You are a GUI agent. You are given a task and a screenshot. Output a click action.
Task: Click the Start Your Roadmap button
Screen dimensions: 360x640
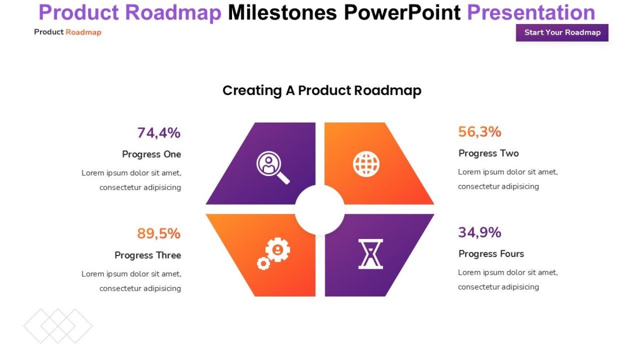[562, 33]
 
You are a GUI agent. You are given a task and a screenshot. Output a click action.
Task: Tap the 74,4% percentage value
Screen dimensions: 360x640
[158, 133]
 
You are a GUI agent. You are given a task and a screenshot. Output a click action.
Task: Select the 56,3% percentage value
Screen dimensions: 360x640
[479, 132]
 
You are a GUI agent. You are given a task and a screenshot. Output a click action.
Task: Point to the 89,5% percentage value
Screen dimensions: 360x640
[158, 234]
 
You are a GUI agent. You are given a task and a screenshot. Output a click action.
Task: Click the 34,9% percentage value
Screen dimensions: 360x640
[479, 233]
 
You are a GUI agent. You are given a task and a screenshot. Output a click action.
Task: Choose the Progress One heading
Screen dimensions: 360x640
[151, 154]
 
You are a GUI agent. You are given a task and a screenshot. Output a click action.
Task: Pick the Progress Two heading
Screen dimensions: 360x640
[488, 153]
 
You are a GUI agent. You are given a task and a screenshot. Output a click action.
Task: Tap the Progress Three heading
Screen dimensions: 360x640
[148, 255]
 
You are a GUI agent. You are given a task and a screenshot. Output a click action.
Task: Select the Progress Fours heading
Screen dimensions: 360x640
[491, 254]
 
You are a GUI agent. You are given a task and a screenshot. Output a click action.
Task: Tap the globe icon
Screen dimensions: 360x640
[366, 164]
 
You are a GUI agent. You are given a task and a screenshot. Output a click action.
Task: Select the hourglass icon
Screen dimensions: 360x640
[370, 254]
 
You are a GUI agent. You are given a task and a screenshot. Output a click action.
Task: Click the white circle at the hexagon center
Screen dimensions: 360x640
[319, 210]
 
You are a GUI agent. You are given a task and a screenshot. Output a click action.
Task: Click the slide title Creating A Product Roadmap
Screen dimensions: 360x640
[322, 91]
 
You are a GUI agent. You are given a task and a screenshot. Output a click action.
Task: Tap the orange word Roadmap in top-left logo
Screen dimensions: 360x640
[83, 33]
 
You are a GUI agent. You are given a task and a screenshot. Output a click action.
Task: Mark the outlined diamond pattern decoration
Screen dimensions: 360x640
[58, 326]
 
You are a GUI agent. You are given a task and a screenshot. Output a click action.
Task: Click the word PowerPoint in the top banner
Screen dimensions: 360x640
[401, 12]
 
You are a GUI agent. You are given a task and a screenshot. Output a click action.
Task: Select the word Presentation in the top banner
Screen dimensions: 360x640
[531, 12]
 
